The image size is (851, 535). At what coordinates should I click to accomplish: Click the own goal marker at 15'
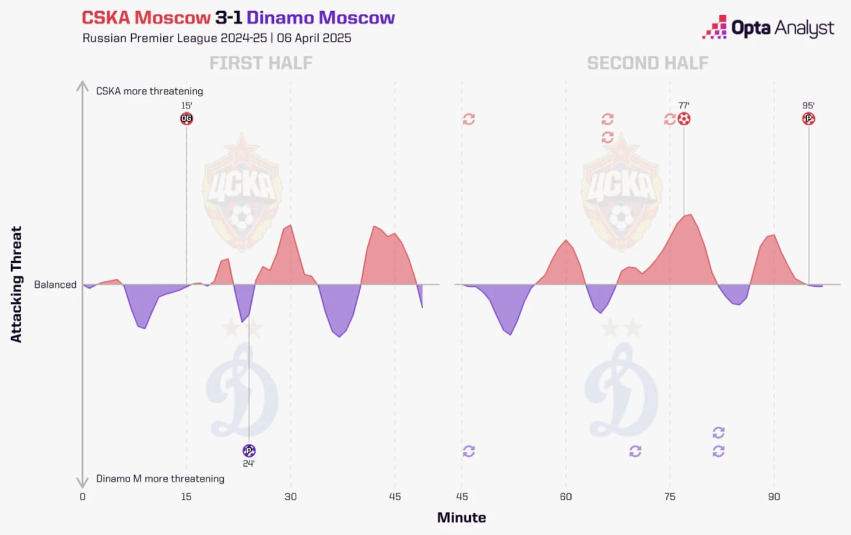pos(187,119)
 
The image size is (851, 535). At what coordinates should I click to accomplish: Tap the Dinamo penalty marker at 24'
pos(249,450)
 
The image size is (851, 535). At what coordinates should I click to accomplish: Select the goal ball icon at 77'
pos(684,119)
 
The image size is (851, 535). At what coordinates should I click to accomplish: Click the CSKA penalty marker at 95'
pos(808,119)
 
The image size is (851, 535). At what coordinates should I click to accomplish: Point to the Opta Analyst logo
pos(768,28)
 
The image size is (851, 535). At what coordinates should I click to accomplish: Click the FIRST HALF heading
pos(261,63)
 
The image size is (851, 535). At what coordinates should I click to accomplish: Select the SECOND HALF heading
pos(648,63)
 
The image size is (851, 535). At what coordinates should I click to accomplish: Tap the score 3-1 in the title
pos(228,18)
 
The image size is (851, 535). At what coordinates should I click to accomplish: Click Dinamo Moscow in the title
pos(321,18)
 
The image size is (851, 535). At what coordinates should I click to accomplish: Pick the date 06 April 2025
pos(314,38)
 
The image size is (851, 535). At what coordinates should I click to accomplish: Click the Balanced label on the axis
pos(55,284)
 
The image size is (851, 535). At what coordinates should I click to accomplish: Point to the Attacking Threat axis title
pos(16,284)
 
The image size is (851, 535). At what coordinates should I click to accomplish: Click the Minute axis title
pos(462,518)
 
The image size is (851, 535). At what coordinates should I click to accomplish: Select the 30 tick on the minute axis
pos(290,497)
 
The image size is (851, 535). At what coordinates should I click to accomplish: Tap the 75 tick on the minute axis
pos(670,497)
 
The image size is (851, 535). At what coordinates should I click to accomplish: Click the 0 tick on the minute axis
pos(82,497)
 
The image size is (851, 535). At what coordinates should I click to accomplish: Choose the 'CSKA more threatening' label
pos(150,91)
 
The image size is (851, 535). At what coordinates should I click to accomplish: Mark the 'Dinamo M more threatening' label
pos(160,478)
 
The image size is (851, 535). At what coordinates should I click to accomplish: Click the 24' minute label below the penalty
pos(249,463)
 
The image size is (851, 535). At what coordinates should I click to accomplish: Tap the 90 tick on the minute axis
pos(774,497)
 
